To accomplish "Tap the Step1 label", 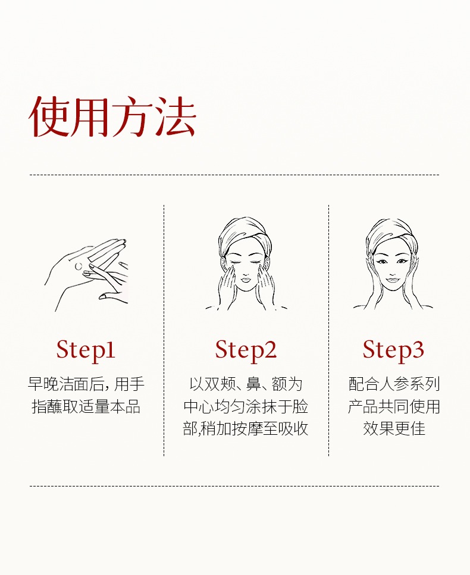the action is pos(86,350).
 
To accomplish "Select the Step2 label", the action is pos(246,350).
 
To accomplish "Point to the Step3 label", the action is pos(394,350).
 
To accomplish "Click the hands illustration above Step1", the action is pos(88,275).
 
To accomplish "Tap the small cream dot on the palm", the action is pos(79,266).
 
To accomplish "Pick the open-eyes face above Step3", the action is pos(393,264).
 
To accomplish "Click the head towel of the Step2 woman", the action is pos(245,235).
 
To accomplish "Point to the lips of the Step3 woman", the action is pos(393,280).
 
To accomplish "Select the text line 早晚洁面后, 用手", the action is pos(86,384).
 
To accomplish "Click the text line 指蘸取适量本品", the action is pos(86,407).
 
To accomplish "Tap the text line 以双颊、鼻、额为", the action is pos(246,384).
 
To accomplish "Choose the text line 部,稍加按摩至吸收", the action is pos(246,429).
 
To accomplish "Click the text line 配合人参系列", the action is pos(394,384).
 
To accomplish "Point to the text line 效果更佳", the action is pos(394,429).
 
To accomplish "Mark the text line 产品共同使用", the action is pos(394,407).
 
